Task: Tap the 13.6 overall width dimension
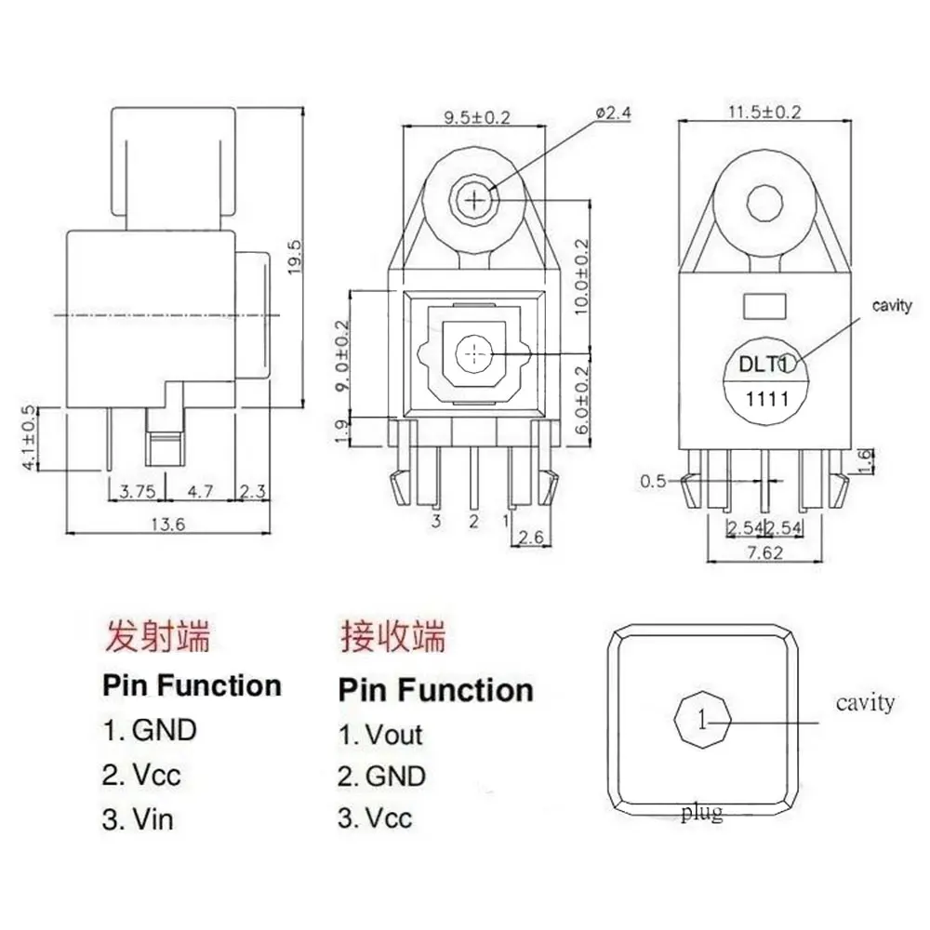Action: coord(168,525)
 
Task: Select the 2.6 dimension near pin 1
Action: coord(530,537)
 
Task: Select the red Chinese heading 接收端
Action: coord(392,638)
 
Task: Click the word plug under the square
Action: coord(700,814)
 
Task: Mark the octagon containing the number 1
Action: coord(704,719)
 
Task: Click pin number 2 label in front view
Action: coord(473,521)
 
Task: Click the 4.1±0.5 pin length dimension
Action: coord(29,436)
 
